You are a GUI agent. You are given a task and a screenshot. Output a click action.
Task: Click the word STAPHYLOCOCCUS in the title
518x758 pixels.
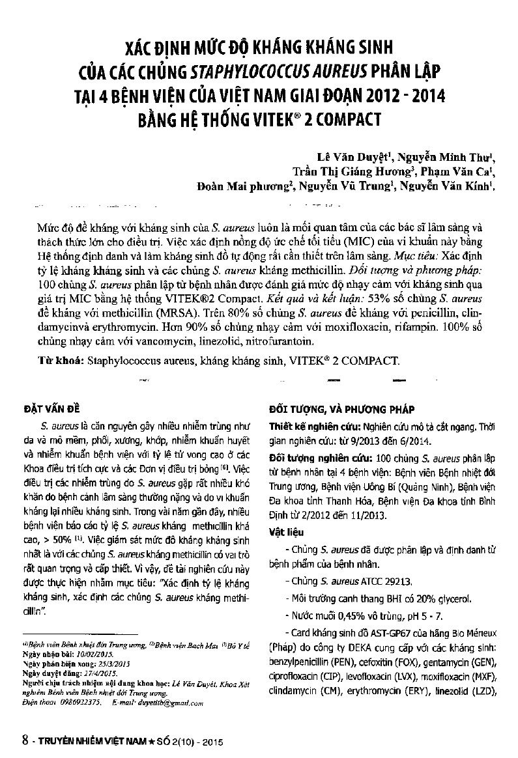pos(235,70)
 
